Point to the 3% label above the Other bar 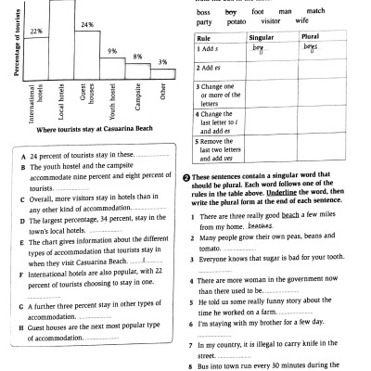pos(161,62)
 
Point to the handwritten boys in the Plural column pos(310,45)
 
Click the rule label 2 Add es pos(214,68)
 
